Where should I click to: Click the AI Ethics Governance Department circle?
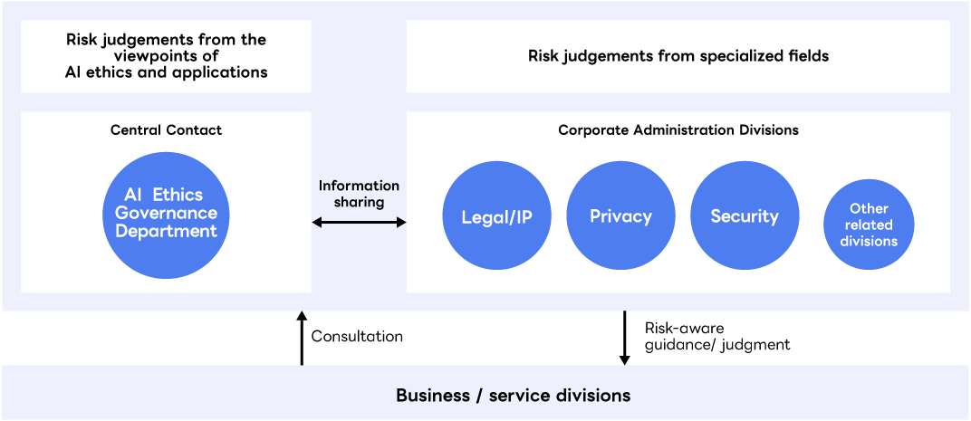tap(166, 215)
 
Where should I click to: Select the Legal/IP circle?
tap(496, 216)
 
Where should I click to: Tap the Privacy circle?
tap(620, 216)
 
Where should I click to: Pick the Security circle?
tap(745, 216)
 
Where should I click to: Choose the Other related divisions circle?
tap(869, 225)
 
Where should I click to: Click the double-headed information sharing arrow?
tap(359, 222)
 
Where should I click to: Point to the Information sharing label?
tap(359, 194)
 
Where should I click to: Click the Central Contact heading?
tap(166, 129)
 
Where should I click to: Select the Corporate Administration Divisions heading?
tap(678, 129)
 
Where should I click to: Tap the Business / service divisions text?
tap(513, 396)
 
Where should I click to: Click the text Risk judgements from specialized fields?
tap(678, 56)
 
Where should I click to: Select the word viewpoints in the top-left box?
tap(166, 56)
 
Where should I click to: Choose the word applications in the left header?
tap(226, 72)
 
